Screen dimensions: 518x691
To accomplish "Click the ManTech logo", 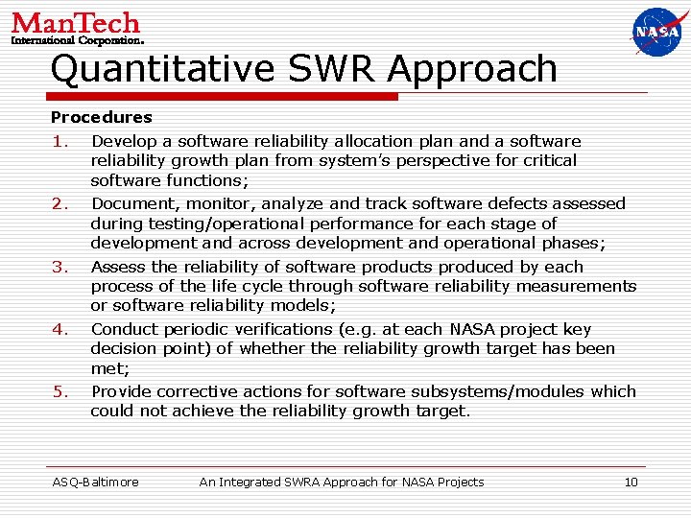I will coord(77,28).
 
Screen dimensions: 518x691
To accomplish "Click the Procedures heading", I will coord(101,117).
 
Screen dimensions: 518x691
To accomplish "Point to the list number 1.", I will coord(60,141).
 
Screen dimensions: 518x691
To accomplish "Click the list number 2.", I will coord(60,203).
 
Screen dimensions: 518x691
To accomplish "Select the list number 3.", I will coord(60,267).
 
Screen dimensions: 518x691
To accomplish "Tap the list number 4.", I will coord(60,329).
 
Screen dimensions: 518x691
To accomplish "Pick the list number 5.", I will coord(60,391).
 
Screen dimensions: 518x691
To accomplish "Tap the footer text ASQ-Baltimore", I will coord(95,482).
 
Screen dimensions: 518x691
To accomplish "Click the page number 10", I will coord(631,482).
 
